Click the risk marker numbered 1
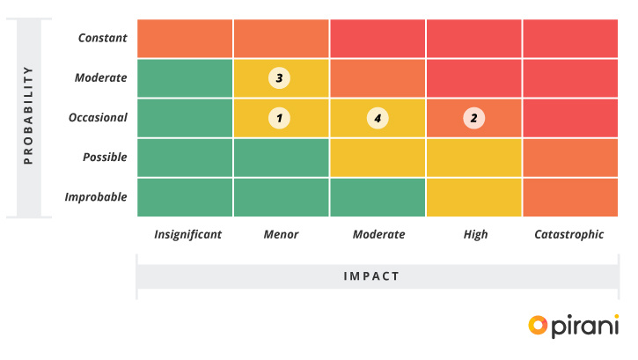tap(279, 117)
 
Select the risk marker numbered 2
tap(473, 117)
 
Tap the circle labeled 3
tap(279, 77)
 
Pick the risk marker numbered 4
tap(378, 117)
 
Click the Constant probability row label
tap(102, 38)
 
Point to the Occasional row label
tap(97, 117)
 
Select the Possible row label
tap(105, 157)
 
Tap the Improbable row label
tap(96, 196)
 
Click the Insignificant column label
tap(187, 234)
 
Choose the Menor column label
tap(282, 234)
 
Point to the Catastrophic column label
tap(569, 234)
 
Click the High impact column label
tap(475, 234)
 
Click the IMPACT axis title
tap(371, 276)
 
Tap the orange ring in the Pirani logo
tap(538, 325)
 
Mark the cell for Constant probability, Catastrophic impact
tap(570, 38)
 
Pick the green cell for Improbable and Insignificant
tap(185, 196)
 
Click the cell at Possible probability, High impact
tap(473, 157)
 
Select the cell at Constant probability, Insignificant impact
tap(185, 38)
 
